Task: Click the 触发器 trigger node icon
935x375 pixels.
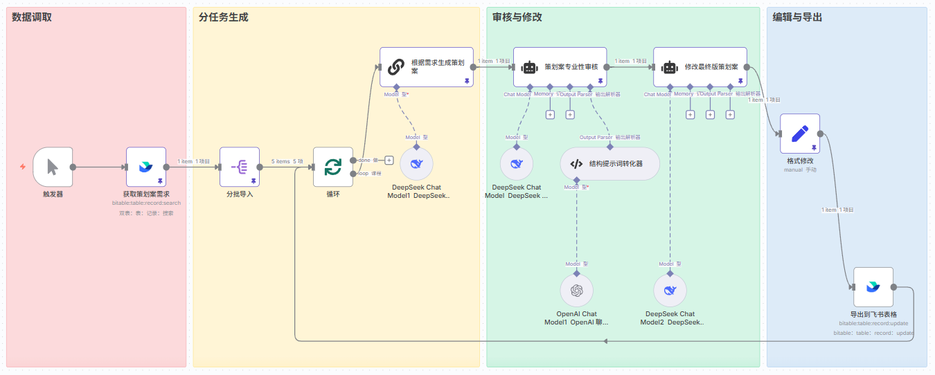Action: (53, 167)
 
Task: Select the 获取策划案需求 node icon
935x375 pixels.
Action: (146, 167)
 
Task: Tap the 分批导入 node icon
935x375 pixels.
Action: (240, 167)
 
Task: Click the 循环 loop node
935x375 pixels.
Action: (333, 167)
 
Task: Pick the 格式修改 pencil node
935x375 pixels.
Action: (800, 134)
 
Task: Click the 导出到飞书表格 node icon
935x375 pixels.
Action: (873, 287)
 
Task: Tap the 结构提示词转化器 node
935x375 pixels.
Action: (610, 164)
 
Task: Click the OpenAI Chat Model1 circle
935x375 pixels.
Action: (576, 291)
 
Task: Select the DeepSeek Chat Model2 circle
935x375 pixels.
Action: (670, 291)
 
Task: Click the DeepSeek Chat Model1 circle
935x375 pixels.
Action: (416, 164)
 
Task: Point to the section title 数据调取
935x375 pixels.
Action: (32, 17)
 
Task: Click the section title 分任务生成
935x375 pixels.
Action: (223, 17)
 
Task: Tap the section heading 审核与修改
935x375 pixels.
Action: (517, 17)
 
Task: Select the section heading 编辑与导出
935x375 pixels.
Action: (797, 17)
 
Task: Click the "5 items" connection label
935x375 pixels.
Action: (280, 161)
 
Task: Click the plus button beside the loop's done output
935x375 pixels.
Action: (389, 160)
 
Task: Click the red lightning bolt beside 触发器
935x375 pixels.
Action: (23, 167)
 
